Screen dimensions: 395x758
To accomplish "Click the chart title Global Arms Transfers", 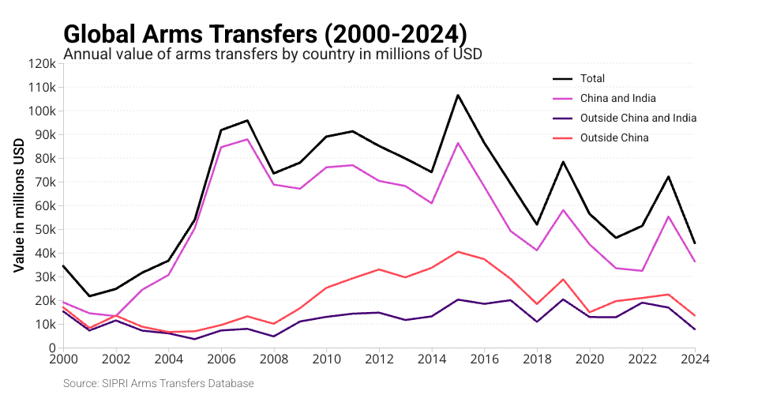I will click(265, 34).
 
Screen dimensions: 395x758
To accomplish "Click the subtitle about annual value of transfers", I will click(272, 55).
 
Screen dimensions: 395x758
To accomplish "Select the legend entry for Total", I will click(592, 78).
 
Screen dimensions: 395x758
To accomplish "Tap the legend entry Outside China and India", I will click(638, 118).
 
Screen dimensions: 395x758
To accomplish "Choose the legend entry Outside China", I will click(614, 137).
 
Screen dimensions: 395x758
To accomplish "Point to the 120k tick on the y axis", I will click(40, 63).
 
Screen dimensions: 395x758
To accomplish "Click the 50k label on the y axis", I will click(43, 229).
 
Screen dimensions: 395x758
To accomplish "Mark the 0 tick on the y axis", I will click(51, 348).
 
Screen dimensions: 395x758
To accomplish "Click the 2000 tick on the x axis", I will click(63, 358).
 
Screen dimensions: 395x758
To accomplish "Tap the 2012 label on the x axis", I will click(379, 358).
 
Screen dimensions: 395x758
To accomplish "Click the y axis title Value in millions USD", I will click(20, 205).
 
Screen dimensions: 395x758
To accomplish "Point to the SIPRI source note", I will click(159, 383).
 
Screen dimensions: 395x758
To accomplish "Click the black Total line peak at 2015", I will click(458, 95).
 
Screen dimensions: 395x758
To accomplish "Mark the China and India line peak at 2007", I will click(247, 139).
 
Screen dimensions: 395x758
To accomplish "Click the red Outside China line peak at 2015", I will click(458, 251).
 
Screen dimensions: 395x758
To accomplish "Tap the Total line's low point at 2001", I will click(89, 296).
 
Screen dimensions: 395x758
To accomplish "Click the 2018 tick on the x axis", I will click(537, 358).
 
